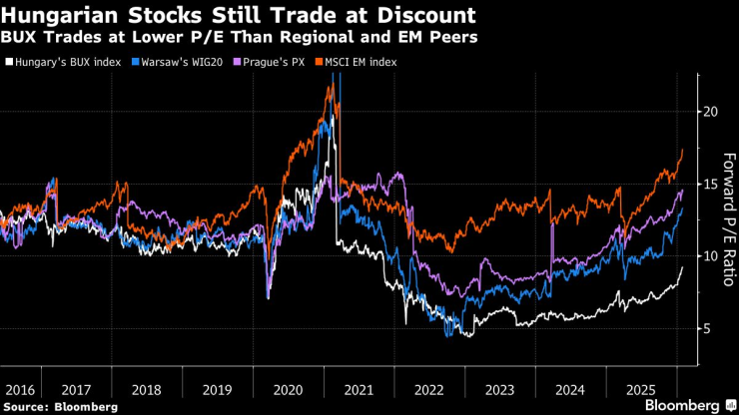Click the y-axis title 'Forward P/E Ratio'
(x=726, y=220)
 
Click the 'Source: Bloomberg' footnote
(x=60, y=407)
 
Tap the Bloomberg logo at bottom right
(x=686, y=405)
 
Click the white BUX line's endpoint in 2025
(x=682, y=267)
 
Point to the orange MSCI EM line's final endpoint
(x=682, y=150)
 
